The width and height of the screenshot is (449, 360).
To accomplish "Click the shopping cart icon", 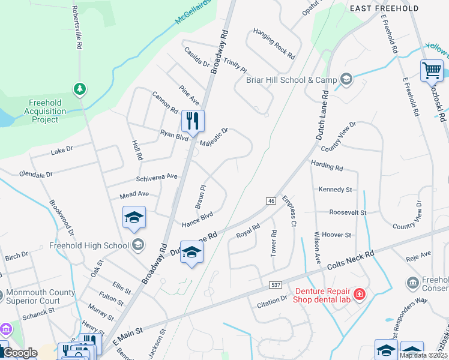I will pyautogui.click(x=432, y=70).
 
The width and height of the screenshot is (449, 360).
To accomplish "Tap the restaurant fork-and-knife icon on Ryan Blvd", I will pyautogui.click(x=193, y=121).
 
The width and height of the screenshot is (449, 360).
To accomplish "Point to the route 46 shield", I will pyautogui.click(x=271, y=200).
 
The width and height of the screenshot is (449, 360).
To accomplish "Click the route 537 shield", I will pyautogui.click(x=276, y=284).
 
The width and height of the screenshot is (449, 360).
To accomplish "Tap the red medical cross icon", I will pyautogui.click(x=359, y=294).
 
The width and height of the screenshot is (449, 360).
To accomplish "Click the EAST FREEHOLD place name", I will pyautogui.click(x=384, y=8).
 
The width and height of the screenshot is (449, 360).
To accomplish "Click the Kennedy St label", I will pyautogui.click(x=335, y=190).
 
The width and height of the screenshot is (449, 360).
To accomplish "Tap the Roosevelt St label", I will pyautogui.click(x=348, y=212).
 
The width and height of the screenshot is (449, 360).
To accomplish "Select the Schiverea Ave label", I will pyautogui.click(x=157, y=177).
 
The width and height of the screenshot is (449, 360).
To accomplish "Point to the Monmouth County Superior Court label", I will pyautogui.click(x=41, y=297).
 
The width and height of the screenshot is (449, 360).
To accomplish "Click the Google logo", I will pyautogui.click(x=20, y=353).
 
